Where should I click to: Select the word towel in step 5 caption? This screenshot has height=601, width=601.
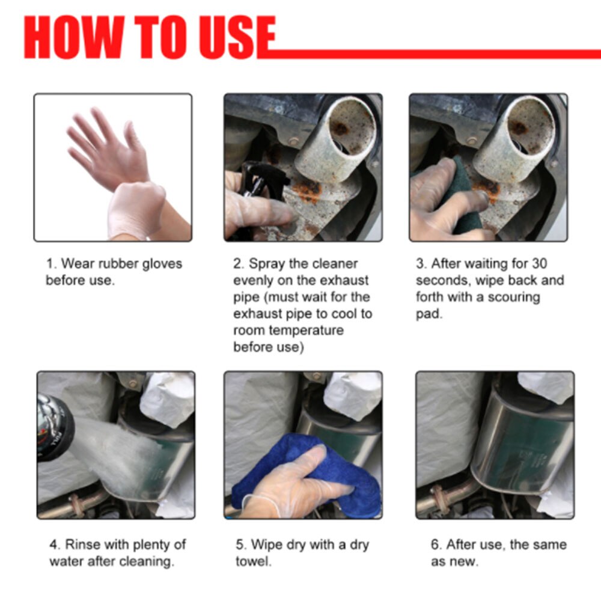pyautogui.click(x=253, y=562)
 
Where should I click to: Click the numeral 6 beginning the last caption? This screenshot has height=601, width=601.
pyautogui.click(x=435, y=545)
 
